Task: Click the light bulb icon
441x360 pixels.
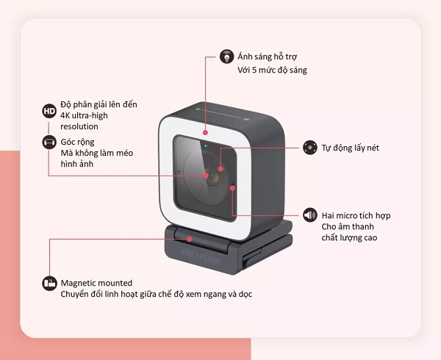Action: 226,57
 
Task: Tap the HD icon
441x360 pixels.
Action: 49,111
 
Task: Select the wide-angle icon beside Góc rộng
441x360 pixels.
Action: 49,142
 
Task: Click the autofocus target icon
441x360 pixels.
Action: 310,148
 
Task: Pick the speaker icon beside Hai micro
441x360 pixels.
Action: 310,215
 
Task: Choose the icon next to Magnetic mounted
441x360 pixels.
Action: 49,284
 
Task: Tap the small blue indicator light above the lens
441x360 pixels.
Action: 206,146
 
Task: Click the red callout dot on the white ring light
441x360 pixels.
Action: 205,132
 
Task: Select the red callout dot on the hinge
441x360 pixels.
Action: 190,240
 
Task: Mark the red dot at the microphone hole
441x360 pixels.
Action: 232,188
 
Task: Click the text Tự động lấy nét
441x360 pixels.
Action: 350,148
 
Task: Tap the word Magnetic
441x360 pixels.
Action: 78,283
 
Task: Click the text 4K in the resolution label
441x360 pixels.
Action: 65,115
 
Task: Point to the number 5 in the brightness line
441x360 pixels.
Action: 254,70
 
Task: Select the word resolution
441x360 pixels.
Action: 79,126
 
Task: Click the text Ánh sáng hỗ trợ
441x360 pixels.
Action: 268,57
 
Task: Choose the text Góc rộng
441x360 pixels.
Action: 77,143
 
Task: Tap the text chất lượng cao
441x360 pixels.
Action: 349,238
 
